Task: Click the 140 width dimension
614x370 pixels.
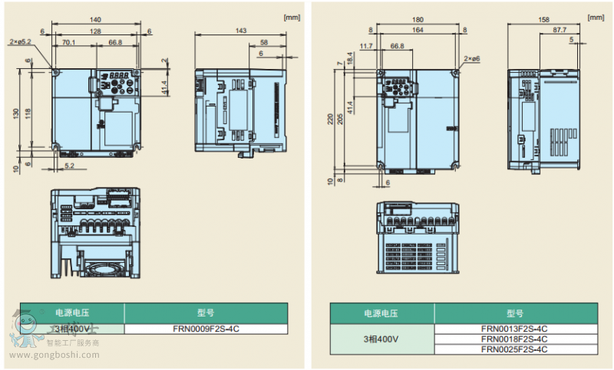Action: click(95, 20)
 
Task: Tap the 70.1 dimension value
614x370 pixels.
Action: click(68, 43)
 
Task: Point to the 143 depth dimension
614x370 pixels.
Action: click(240, 31)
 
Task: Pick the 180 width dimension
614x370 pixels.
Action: click(418, 20)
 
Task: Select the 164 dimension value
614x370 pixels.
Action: click(418, 31)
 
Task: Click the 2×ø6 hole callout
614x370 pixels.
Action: click(472, 58)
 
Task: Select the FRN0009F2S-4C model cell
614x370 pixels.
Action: click(205, 329)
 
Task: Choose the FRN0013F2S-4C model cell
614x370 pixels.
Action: click(513, 329)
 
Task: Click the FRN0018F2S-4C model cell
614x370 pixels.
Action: click(513, 339)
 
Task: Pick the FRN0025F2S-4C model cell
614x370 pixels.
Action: click(513, 349)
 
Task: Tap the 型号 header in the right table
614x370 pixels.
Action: click(513, 313)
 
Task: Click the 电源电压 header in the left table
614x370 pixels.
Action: click(73, 313)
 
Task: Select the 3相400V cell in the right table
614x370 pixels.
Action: click(381, 339)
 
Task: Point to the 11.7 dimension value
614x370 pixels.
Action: click(365, 46)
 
